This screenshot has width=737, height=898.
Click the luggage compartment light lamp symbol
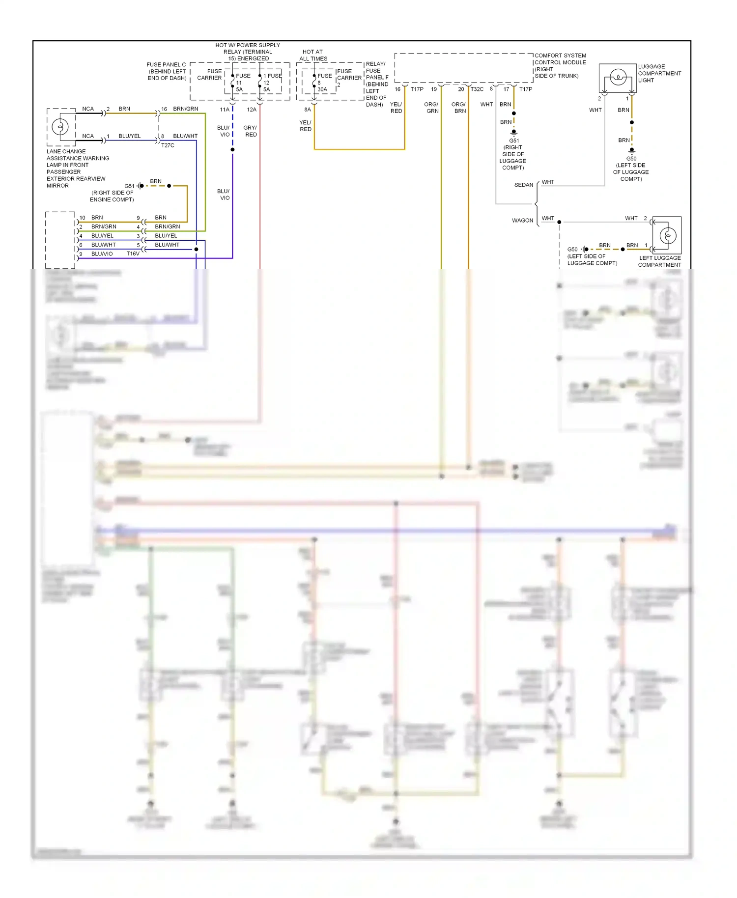(x=618, y=78)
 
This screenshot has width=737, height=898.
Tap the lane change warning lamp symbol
(x=60, y=127)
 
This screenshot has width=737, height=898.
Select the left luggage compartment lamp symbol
(x=667, y=236)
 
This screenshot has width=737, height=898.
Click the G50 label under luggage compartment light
(x=631, y=159)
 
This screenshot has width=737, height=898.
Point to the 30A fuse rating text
(x=322, y=89)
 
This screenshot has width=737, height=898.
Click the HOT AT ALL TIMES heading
(x=313, y=55)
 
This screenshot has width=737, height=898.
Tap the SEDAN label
(x=523, y=185)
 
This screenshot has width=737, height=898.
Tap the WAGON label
(x=522, y=221)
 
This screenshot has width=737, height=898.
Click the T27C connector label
(x=168, y=145)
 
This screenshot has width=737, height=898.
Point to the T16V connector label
(x=133, y=254)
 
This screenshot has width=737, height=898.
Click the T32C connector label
(x=477, y=89)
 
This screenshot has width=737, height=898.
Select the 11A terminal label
(x=225, y=110)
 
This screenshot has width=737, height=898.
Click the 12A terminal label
(x=252, y=110)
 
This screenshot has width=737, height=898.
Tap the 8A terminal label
(x=308, y=110)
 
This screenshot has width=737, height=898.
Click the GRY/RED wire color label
(x=250, y=131)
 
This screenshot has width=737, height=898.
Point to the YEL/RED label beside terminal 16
(x=396, y=108)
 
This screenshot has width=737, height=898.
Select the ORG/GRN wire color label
(x=431, y=108)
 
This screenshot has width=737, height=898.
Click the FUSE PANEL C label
(x=167, y=71)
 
